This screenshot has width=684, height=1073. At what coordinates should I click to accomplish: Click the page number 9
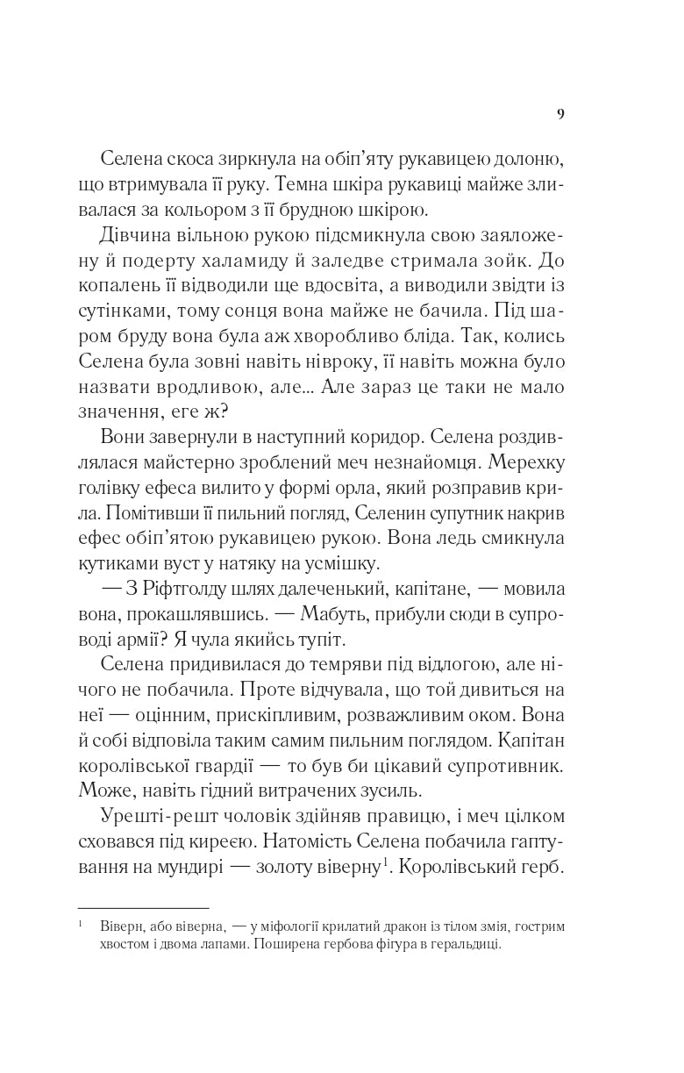[x=560, y=113]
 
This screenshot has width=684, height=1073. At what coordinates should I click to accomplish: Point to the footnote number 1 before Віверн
[x=81, y=923]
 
